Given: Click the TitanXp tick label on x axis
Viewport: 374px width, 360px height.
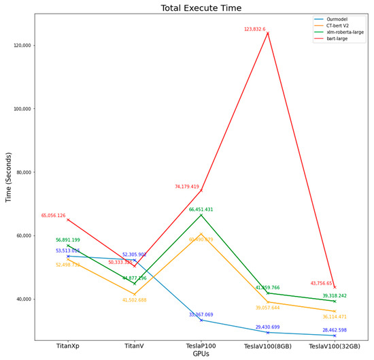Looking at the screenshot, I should (67, 346).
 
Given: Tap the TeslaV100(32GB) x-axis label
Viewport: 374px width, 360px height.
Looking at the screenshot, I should (334, 346).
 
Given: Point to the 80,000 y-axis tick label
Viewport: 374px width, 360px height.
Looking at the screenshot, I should (22, 172).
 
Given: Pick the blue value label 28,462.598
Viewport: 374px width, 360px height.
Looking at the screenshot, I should (334, 330).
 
